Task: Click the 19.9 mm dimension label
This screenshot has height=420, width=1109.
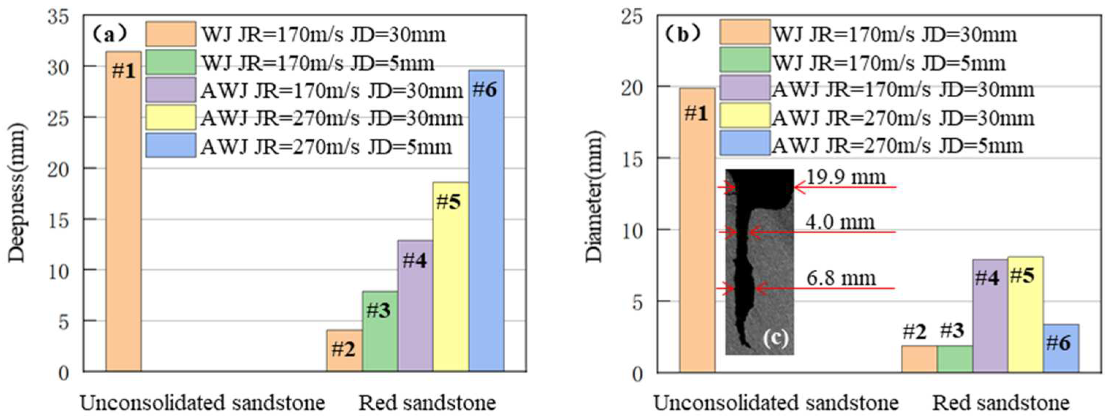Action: click(x=845, y=177)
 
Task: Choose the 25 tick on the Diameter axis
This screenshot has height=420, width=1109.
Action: click(x=632, y=17)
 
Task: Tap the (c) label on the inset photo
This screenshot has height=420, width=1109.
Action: click(x=775, y=338)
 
